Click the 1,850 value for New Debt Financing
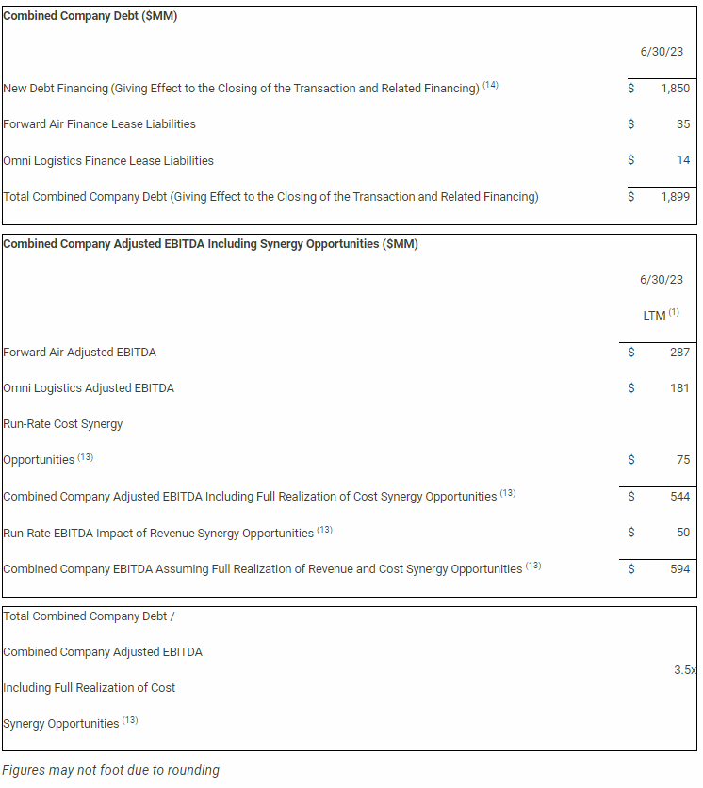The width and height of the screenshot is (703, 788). coord(675,89)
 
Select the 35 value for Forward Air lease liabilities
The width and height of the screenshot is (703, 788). coord(683,124)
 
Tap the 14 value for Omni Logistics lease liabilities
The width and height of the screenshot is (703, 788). coord(683,160)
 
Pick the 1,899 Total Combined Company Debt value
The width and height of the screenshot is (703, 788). coord(675,197)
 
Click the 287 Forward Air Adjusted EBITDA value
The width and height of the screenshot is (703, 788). coord(679,353)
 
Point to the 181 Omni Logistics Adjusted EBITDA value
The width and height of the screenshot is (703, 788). coord(679,388)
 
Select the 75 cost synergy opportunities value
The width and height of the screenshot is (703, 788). coord(683,460)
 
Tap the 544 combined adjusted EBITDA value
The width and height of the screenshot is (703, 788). coord(679,497)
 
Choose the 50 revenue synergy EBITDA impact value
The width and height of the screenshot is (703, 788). coord(683,533)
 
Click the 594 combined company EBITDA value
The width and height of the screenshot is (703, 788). coord(679,569)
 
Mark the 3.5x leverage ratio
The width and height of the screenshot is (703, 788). coord(685,670)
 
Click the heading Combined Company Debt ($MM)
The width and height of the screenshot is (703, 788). coord(90,16)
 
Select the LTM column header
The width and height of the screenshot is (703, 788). coord(654,316)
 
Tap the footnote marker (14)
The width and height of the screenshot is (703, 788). coord(490,86)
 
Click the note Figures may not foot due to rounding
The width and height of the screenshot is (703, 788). coord(110,770)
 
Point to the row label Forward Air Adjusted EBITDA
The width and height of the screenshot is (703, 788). coord(80,353)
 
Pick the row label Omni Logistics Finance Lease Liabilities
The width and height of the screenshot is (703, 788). coord(108,161)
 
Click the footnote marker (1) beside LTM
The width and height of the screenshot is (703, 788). coord(675,313)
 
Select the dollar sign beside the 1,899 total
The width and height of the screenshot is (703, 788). coord(631,197)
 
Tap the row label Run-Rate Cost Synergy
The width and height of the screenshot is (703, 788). coord(63,424)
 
